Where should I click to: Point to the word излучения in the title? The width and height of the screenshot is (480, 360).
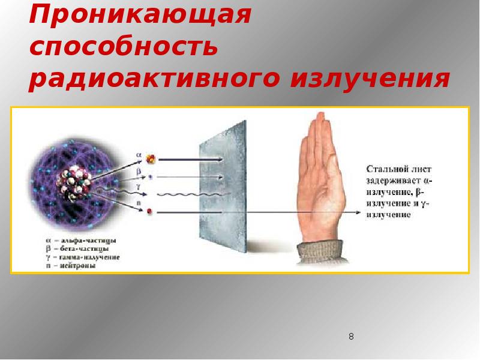tap(370, 79)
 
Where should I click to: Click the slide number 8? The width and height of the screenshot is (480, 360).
tap(351, 337)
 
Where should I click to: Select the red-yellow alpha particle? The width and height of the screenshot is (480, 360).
tap(151, 159)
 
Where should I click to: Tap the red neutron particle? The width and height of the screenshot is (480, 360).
tap(150, 211)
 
